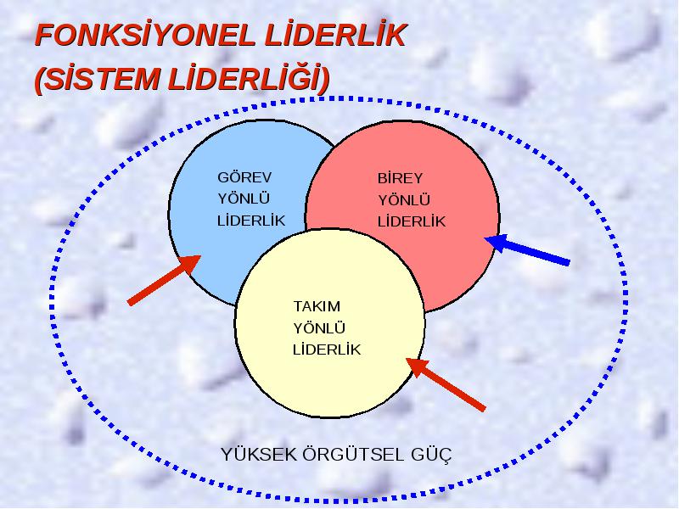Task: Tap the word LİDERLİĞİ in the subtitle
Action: (x=244, y=79)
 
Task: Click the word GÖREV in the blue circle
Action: (x=244, y=176)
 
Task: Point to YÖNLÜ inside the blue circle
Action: (x=244, y=199)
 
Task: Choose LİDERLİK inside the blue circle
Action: (x=251, y=221)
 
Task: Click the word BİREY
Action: (x=400, y=178)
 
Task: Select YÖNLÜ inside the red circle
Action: (x=404, y=200)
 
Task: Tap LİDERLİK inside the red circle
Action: (x=412, y=221)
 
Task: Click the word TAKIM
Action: (x=317, y=306)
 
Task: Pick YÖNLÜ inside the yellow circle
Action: (x=319, y=328)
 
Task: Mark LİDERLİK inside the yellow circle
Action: (x=327, y=350)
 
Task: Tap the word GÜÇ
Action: (x=430, y=456)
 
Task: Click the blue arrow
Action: (x=526, y=249)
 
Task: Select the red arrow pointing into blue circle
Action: (x=164, y=280)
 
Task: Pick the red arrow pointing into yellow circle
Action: (x=446, y=384)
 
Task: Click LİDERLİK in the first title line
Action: (x=335, y=35)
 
